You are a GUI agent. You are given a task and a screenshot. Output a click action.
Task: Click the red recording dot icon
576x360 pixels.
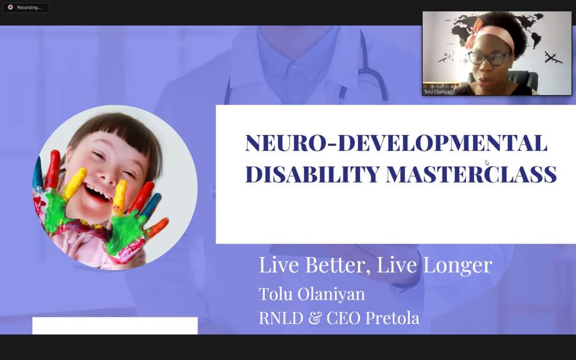click(x=10, y=7)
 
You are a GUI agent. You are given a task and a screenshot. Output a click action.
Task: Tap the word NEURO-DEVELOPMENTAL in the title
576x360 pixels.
click(x=396, y=143)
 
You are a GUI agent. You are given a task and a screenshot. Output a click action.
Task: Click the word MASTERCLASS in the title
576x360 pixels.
click(x=471, y=174)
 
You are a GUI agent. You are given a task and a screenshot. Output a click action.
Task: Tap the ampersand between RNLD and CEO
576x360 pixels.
click(x=315, y=318)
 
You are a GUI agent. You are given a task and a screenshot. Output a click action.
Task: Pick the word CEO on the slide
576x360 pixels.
click(x=343, y=318)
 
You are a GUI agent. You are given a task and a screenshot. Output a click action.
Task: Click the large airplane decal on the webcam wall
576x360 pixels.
click(x=553, y=57)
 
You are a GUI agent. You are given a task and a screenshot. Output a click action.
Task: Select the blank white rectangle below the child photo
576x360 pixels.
click(x=115, y=325)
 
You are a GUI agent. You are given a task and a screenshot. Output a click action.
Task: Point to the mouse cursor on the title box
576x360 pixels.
click(x=487, y=163)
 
